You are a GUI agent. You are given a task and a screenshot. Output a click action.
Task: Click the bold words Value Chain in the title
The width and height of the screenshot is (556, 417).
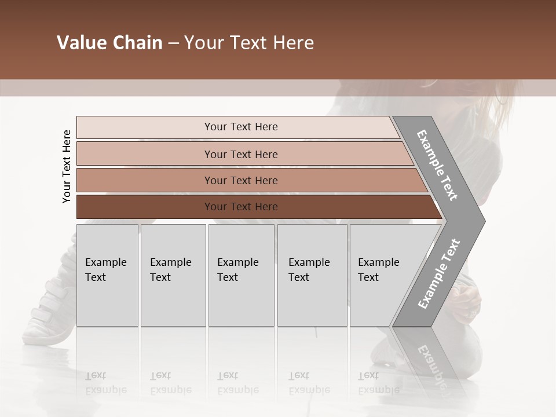[109, 43]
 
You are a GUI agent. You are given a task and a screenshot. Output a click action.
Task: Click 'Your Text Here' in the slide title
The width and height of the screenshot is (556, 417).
[249, 43]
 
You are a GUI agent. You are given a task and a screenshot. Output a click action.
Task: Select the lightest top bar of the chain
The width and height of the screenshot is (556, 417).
[240, 127]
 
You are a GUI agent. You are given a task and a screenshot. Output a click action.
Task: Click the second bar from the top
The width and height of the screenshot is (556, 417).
[240, 154]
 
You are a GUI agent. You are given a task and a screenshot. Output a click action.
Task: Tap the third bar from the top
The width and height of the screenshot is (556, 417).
[240, 180]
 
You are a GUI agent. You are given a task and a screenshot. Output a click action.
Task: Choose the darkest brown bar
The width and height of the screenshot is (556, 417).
[240, 207]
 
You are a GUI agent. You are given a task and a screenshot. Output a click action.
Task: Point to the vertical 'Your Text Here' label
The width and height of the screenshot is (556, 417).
[67, 166]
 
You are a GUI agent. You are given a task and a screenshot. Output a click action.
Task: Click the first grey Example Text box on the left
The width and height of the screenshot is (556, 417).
[107, 275]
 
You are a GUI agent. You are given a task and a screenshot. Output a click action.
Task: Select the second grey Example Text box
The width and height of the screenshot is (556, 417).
[173, 275]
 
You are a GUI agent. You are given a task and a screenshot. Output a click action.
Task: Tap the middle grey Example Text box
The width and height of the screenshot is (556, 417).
[241, 275]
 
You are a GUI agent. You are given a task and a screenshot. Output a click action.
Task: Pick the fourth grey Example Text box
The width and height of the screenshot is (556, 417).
[312, 275]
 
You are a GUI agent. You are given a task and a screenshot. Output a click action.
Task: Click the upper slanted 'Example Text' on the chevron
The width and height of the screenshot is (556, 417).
[437, 165]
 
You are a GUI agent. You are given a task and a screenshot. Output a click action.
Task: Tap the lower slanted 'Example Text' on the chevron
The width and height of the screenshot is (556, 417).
[439, 274]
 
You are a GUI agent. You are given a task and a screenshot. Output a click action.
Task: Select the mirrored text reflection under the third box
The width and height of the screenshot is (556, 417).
[237, 383]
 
